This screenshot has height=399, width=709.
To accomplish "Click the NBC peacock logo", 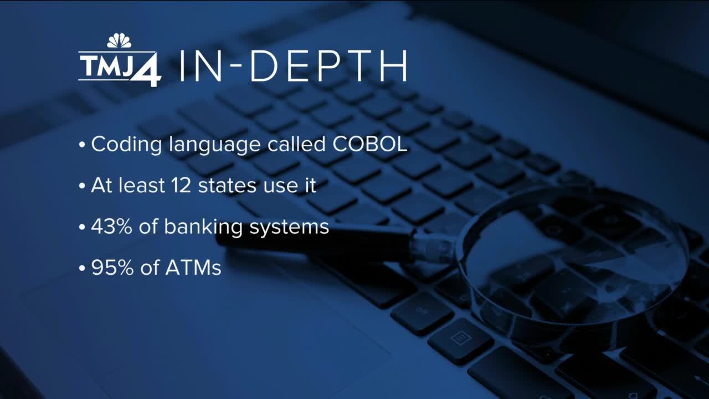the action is click(119, 40).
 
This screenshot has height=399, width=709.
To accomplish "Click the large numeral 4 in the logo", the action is click(146, 71).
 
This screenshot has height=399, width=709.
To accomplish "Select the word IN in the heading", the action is click(201, 65).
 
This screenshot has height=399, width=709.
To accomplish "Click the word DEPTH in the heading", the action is click(328, 65).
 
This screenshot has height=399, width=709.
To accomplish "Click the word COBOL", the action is click(369, 144).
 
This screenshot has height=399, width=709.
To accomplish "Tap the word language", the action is click(214, 145).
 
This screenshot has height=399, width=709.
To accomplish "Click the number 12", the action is click(181, 186).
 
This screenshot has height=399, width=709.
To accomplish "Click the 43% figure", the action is click(111, 227).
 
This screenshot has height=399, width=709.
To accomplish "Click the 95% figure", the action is click(112, 268).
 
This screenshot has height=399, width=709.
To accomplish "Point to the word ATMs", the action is click(193, 268).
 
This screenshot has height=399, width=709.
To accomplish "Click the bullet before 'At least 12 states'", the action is click(83, 186).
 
